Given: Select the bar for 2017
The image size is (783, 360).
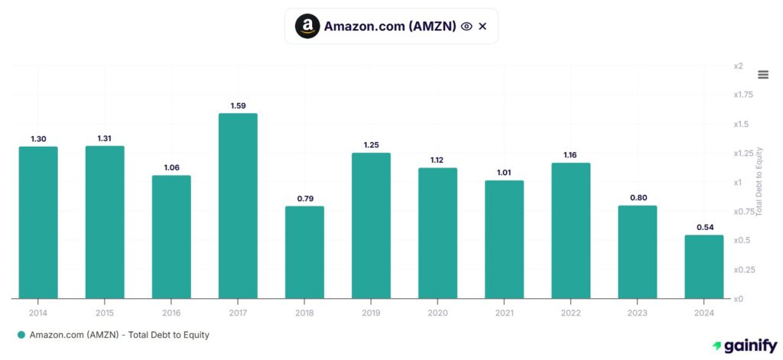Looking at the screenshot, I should pyautogui.click(x=238, y=206).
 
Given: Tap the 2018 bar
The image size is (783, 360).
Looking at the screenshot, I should pyautogui.click(x=304, y=251).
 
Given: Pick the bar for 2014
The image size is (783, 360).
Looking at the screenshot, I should pyautogui.click(x=38, y=222).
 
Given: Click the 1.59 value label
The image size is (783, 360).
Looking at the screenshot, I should pyautogui.click(x=238, y=105).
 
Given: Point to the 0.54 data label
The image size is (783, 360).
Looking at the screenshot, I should pyautogui.click(x=703, y=227).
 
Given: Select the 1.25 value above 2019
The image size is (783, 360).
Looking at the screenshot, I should pyautogui.click(x=371, y=145).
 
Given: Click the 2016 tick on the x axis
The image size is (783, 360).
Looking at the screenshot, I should pyautogui.click(x=171, y=313).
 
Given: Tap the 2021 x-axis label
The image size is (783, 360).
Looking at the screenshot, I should pyautogui.click(x=504, y=313).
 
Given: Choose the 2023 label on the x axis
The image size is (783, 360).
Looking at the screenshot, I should pyautogui.click(x=637, y=313).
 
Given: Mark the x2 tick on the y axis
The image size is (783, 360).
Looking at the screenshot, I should pyautogui.click(x=738, y=66).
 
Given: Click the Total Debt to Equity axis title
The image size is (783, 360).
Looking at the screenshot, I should pyautogui.click(x=759, y=182).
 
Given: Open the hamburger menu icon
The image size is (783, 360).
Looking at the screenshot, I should pyautogui.click(x=762, y=74).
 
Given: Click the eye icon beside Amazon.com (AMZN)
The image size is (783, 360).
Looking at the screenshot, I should pyautogui.click(x=466, y=26).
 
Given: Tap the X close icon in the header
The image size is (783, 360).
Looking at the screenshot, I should pyautogui.click(x=482, y=26).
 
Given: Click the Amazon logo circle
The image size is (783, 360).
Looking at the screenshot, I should pyautogui.click(x=307, y=26).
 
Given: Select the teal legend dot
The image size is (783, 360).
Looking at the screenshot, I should pyautogui.click(x=21, y=335).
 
